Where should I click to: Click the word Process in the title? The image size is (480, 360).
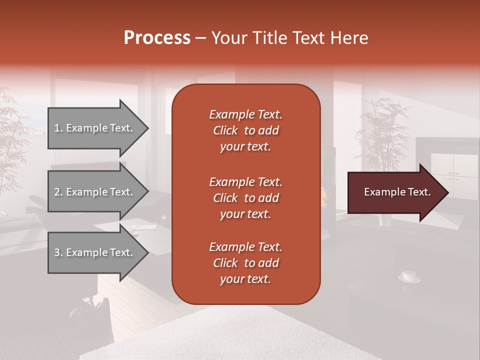[x=157, y=38]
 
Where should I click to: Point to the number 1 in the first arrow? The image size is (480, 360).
[x=57, y=128]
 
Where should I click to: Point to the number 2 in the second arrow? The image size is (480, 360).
[x=57, y=192]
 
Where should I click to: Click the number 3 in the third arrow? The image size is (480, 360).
[x=57, y=252]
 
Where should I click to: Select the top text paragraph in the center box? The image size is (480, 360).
[x=245, y=130]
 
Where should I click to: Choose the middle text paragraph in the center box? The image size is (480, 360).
[x=245, y=198]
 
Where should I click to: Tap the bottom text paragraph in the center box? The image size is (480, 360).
[x=245, y=263]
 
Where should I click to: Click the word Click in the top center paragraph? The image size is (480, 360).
[x=225, y=130]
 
